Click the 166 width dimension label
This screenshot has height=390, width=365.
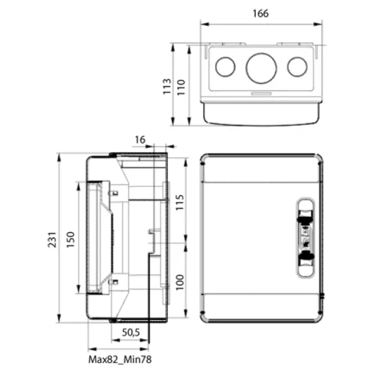[x=261, y=14]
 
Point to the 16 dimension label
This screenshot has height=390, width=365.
[x=140, y=139]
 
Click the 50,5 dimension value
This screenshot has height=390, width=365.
[x=131, y=333]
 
